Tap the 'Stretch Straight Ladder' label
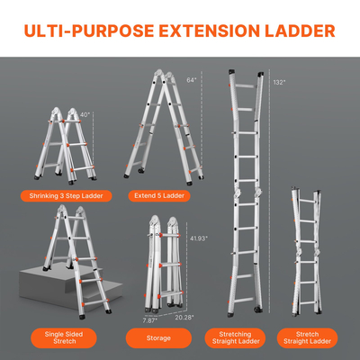[x=306, y=338]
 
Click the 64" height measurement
[x=193, y=79]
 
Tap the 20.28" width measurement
[x=184, y=318]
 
